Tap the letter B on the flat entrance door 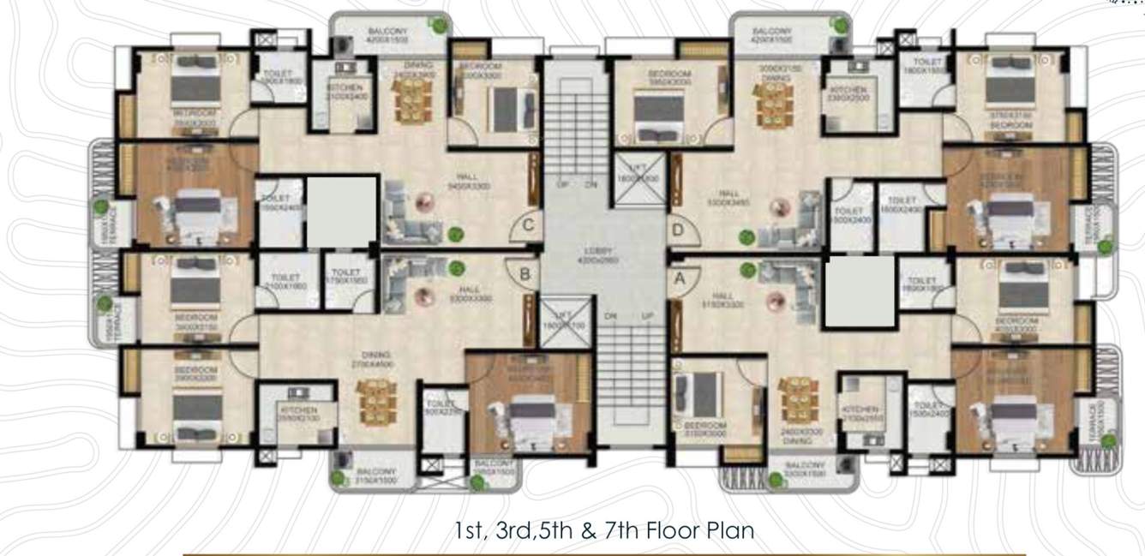[x=525, y=275]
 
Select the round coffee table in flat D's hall [x=778, y=207]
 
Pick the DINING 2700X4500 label [x=376, y=359]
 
